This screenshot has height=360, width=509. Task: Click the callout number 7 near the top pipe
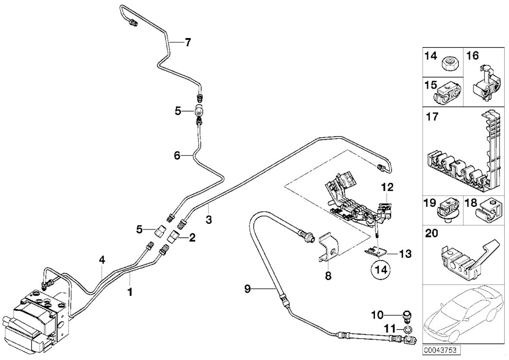188,42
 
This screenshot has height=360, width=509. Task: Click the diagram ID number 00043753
440,350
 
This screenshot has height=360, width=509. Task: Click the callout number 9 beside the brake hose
248,288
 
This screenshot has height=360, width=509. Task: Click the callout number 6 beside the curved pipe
177,155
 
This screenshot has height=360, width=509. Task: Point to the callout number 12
388,187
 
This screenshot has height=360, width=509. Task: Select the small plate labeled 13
378,252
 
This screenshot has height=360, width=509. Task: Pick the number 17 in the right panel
433,116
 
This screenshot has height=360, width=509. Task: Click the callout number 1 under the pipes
130,292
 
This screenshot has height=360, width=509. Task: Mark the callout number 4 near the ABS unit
102,259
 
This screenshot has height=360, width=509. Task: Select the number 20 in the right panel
432,233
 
